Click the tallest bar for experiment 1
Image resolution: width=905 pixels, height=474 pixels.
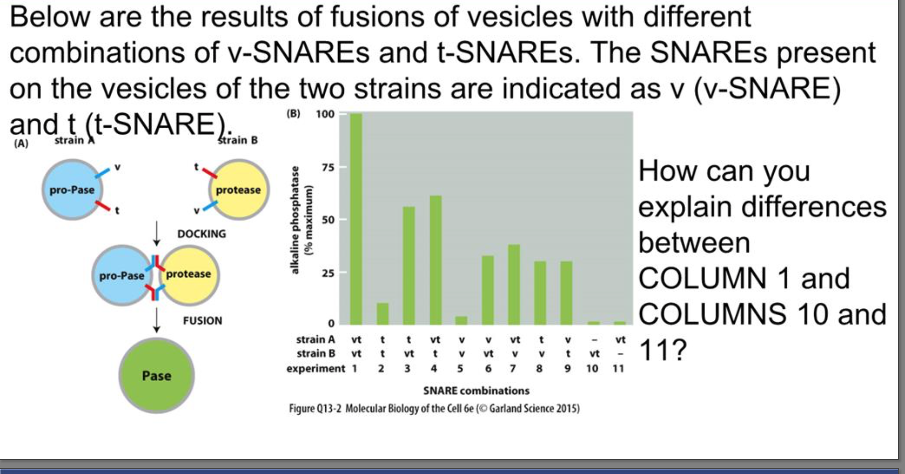point(356,220)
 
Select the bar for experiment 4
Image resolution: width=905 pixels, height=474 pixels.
point(435,259)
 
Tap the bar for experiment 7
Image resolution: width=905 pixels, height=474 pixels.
point(514,284)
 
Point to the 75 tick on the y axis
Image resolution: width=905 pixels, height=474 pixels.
point(328,167)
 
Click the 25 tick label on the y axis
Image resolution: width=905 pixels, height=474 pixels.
point(328,273)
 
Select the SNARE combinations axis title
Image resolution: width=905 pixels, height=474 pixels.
point(476,391)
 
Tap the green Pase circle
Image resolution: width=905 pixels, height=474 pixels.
point(157,376)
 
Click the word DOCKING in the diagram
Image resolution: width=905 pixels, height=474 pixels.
point(202,234)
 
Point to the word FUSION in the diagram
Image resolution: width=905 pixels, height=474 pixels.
point(203,321)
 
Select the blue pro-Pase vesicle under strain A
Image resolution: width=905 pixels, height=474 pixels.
point(72,190)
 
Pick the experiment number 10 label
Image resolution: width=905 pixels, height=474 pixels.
point(592,369)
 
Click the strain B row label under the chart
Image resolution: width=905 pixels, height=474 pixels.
point(316,354)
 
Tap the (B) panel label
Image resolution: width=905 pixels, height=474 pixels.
point(293,114)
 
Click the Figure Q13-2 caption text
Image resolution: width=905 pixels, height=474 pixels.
point(434,409)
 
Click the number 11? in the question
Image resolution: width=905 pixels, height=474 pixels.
point(663,350)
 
